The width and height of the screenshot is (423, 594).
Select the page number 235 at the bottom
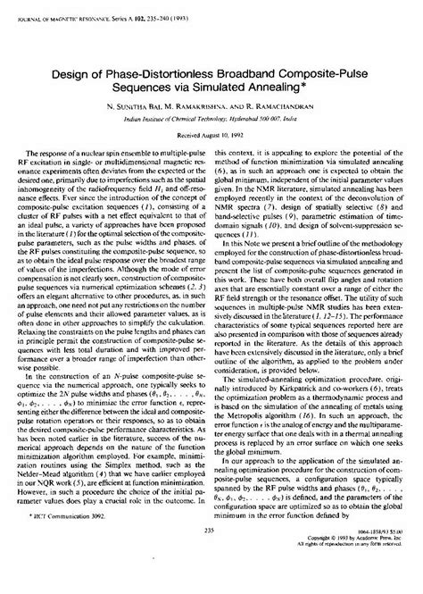[x=211, y=555]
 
